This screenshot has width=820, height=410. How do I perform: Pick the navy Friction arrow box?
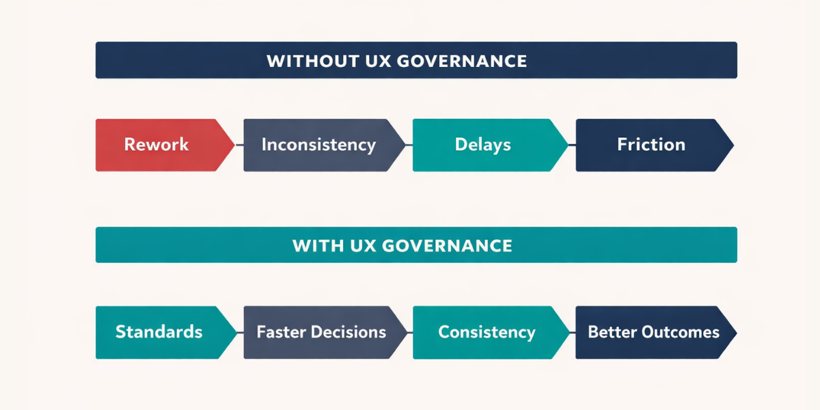[651, 145]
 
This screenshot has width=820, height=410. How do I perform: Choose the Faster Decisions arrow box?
[321, 333]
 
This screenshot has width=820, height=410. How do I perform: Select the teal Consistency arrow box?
[487, 333]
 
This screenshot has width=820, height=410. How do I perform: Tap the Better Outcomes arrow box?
[653, 333]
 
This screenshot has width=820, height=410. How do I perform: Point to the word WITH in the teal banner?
[315, 245]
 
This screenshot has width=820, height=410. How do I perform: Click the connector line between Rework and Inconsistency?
[239, 145]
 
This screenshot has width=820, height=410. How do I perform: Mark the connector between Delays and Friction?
[572, 145]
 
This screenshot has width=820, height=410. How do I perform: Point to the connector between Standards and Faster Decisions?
[239, 333]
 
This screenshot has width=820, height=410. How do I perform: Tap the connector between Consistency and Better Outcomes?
[572, 333]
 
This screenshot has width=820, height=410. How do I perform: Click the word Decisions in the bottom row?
[348, 333]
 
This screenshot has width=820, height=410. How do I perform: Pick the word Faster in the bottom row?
[281, 333]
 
